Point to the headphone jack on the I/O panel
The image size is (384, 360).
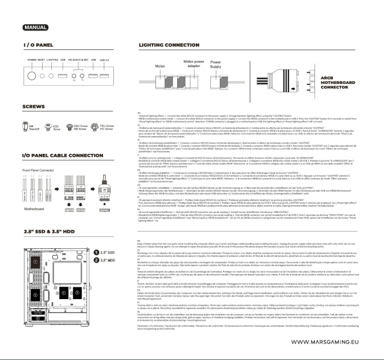pyautogui.click(x=74, y=75)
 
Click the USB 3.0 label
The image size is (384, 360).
pyautogui.click(x=104, y=60)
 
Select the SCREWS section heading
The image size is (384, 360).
pyautogui.click(x=34, y=106)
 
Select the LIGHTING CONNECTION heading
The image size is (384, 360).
pyautogui.click(x=169, y=45)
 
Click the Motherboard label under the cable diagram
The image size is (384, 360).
pyautogui.click(x=35, y=209)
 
